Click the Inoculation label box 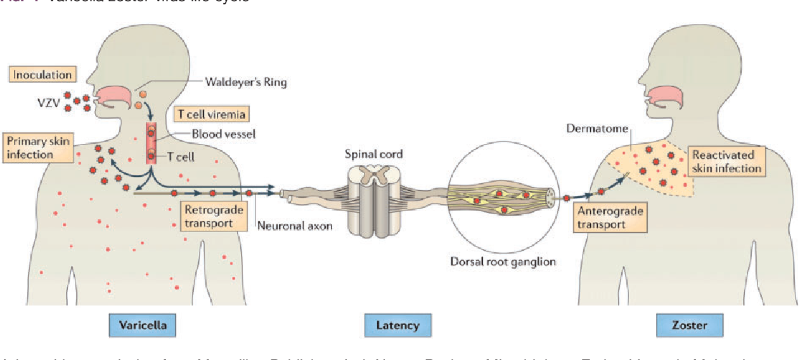click(x=42, y=75)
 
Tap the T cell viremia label click(x=210, y=114)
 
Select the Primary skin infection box click(x=37, y=147)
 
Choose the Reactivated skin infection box click(x=726, y=162)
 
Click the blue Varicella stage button click(x=143, y=325)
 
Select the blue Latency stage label click(x=397, y=325)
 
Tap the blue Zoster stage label click(x=689, y=325)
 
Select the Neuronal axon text click(x=294, y=226)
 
